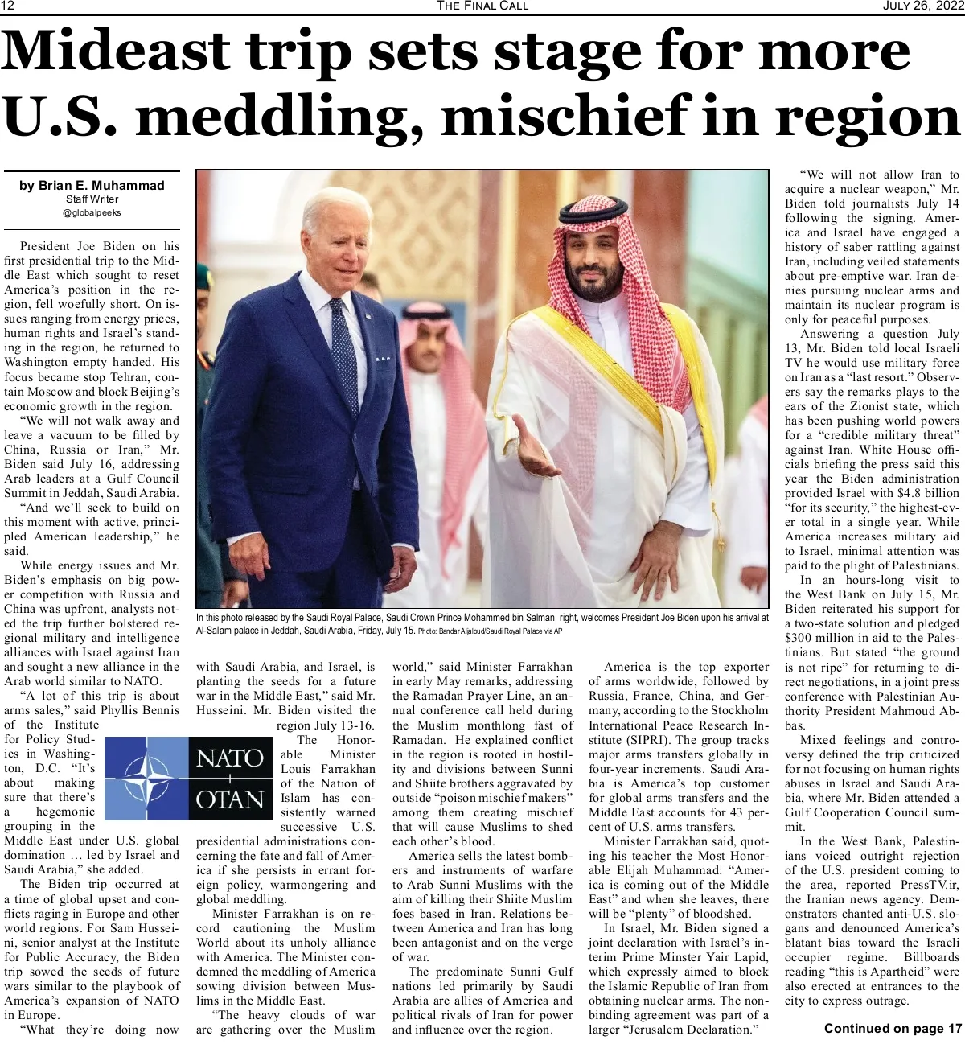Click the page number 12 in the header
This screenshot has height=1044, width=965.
(9, 6)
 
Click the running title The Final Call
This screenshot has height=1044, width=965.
(482, 6)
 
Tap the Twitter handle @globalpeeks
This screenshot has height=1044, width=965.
(92, 213)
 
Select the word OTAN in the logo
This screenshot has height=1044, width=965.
(230, 799)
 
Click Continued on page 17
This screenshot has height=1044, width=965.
(893, 1028)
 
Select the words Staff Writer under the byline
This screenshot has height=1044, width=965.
(92, 199)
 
